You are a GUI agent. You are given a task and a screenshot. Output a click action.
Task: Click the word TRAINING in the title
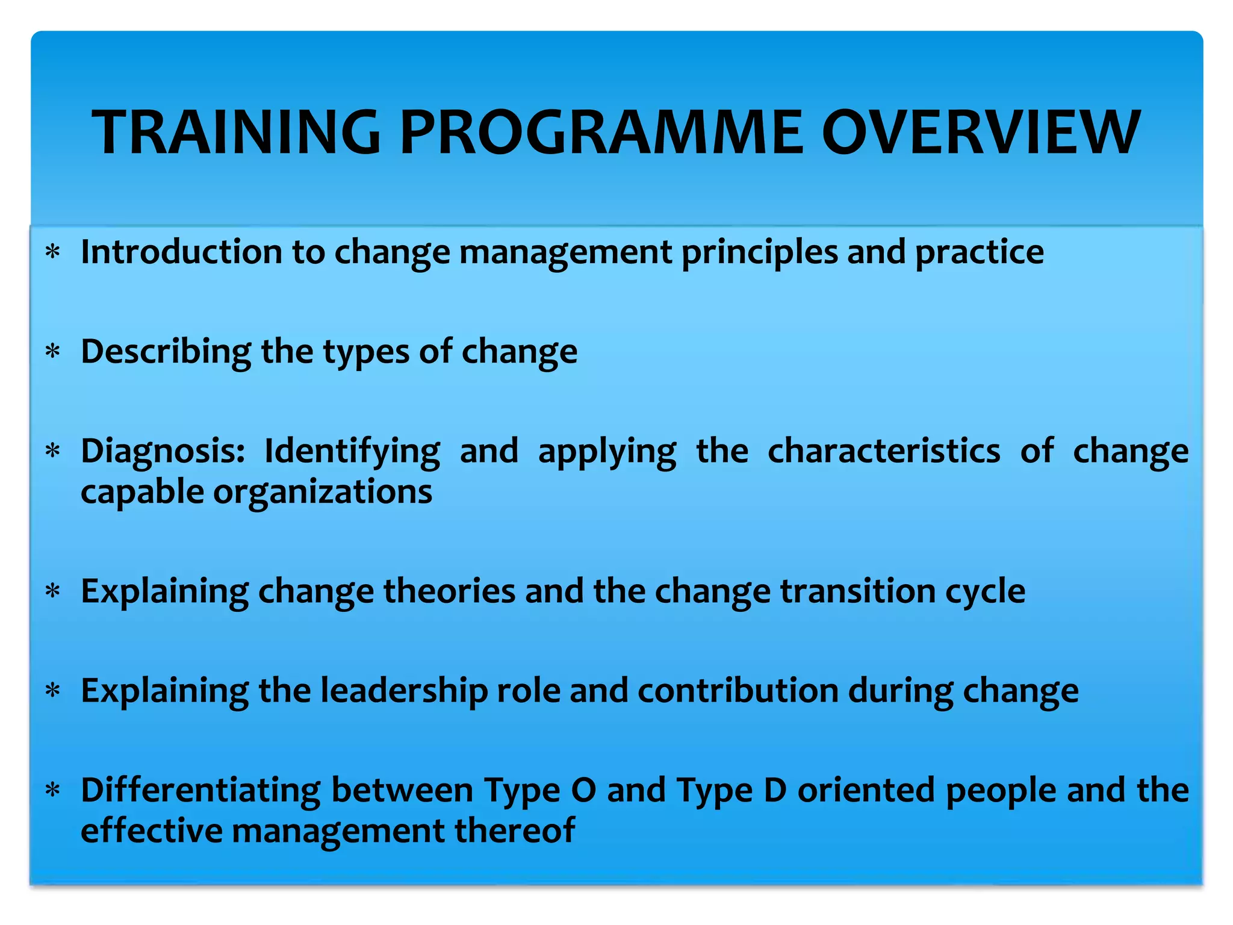[x=236, y=132]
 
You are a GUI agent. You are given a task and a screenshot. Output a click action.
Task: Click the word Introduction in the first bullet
[x=181, y=252]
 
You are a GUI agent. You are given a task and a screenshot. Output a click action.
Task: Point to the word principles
[x=759, y=253]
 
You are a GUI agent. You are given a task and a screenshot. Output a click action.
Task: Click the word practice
[x=979, y=253]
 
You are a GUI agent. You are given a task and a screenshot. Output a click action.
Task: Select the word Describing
[x=166, y=352]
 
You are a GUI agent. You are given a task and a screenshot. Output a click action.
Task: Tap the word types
[x=366, y=353]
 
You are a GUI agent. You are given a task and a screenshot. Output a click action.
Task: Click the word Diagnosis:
[x=163, y=452]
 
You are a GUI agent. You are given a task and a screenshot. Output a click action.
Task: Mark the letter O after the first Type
[x=583, y=791]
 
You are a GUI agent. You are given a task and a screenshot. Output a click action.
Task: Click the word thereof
[x=514, y=830]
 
